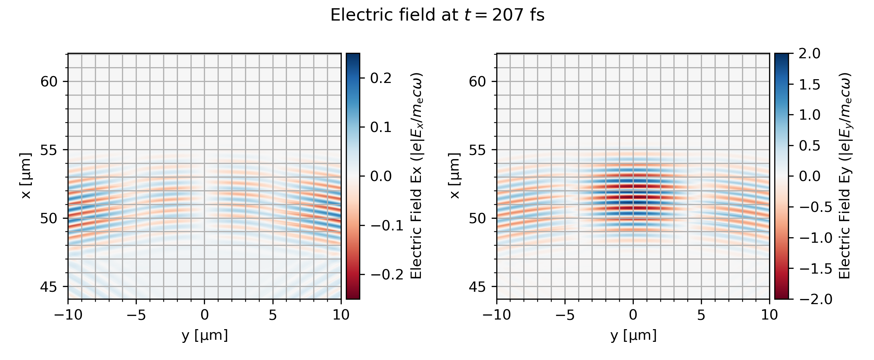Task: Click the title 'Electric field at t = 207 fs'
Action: click(x=437, y=15)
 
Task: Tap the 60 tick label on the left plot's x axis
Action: click(x=49, y=82)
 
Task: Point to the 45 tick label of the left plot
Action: click(x=49, y=287)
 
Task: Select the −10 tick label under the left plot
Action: click(x=68, y=315)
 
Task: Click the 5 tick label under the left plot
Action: click(x=272, y=315)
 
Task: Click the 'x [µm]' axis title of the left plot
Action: click(x=26, y=176)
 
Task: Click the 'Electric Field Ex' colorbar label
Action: click(x=416, y=176)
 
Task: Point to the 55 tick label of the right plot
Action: click(x=478, y=150)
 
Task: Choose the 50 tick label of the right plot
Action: click(x=478, y=218)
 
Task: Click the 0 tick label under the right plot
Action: click(x=633, y=315)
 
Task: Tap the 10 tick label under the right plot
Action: click(x=769, y=315)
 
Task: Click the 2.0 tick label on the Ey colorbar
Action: click(x=810, y=54)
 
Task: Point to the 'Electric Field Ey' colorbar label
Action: click(x=845, y=176)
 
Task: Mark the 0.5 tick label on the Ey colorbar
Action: click(x=810, y=146)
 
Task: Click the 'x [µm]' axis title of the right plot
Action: click(x=455, y=176)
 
